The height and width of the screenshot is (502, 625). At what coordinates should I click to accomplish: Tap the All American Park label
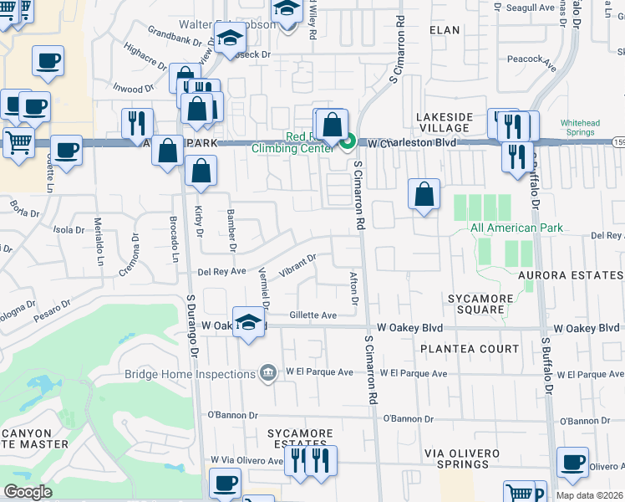[x=516, y=228]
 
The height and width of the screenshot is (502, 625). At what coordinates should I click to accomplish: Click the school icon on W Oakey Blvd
[x=248, y=324]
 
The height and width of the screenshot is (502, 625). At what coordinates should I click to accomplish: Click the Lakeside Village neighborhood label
[x=445, y=122]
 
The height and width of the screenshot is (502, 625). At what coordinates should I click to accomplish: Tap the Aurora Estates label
[x=571, y=275]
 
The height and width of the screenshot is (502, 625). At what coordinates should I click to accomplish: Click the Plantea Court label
[x=470, y=349]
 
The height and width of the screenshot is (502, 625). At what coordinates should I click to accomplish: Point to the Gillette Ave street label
[x=312, y=315]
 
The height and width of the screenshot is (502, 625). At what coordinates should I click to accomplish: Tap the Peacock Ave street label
[x=531, y=60]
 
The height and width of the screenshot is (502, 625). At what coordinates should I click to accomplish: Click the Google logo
[x=28, y=491]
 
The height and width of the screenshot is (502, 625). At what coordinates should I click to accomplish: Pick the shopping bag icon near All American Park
[x=424, y=194]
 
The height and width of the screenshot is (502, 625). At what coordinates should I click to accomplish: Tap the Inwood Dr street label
[x=132, y=87]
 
